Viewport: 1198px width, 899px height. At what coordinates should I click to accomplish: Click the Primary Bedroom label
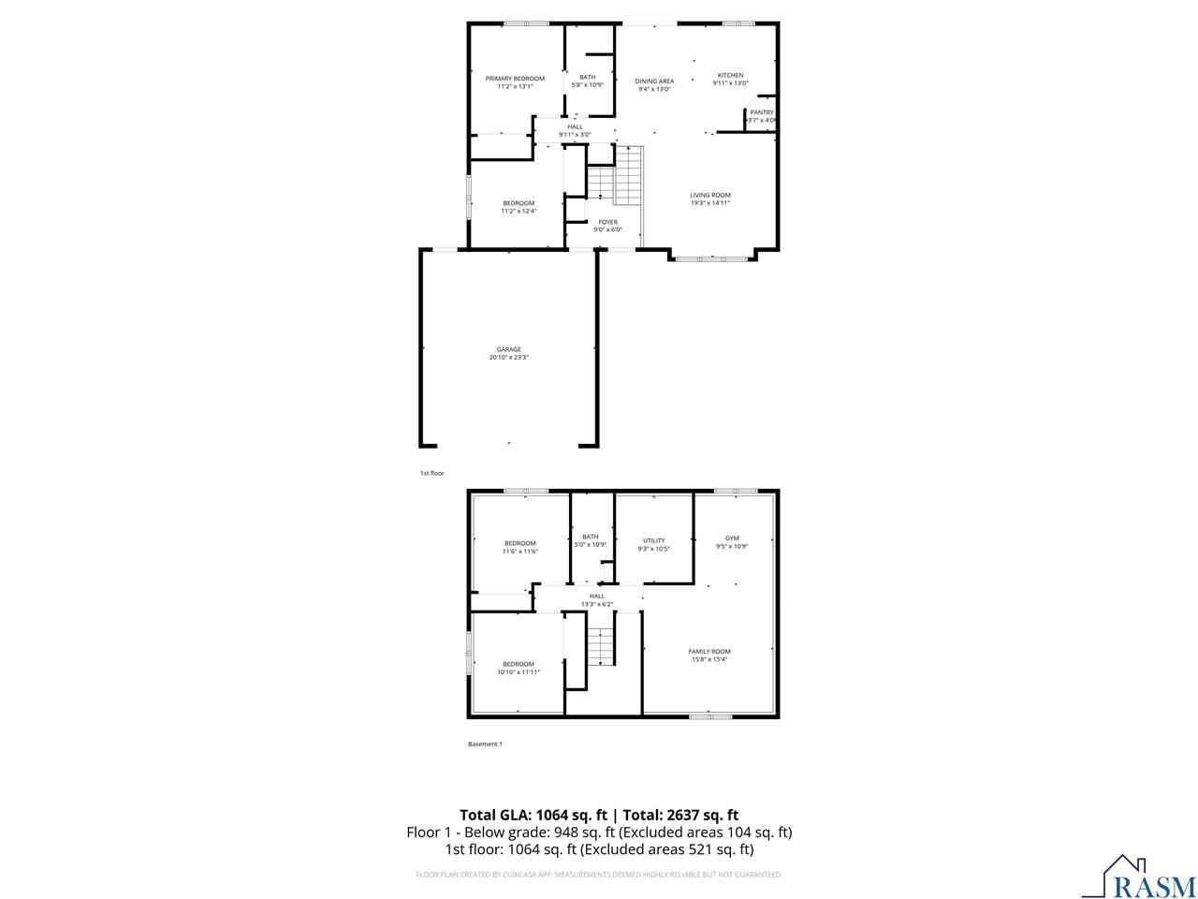(515, 79)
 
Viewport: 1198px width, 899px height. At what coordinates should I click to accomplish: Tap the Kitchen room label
(730, 75)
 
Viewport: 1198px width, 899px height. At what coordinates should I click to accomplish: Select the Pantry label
(762, 112)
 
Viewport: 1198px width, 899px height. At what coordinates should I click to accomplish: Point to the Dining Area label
(654, 81)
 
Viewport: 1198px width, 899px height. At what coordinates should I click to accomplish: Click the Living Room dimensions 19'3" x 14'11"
(710, 203)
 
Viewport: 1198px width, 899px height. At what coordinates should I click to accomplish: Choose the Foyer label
(607, 222)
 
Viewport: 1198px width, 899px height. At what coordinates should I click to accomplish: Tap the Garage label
(509, 349)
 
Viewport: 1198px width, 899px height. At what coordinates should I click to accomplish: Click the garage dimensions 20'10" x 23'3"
(509, 358)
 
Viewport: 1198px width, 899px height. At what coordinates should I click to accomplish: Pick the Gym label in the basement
(732, 538)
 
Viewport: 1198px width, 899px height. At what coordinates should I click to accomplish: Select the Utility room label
(653, 540)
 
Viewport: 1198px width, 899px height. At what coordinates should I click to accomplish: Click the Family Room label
(709, 651)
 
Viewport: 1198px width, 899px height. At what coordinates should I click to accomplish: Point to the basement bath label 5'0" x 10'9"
(590, 544)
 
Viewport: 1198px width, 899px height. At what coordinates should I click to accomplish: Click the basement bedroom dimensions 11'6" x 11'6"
(520, 552)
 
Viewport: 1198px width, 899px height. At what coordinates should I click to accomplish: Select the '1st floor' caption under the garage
(431, 473)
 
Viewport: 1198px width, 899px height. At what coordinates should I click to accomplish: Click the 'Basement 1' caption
(485, 744)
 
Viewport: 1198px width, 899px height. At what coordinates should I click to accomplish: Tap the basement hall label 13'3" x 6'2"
(597, 604)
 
